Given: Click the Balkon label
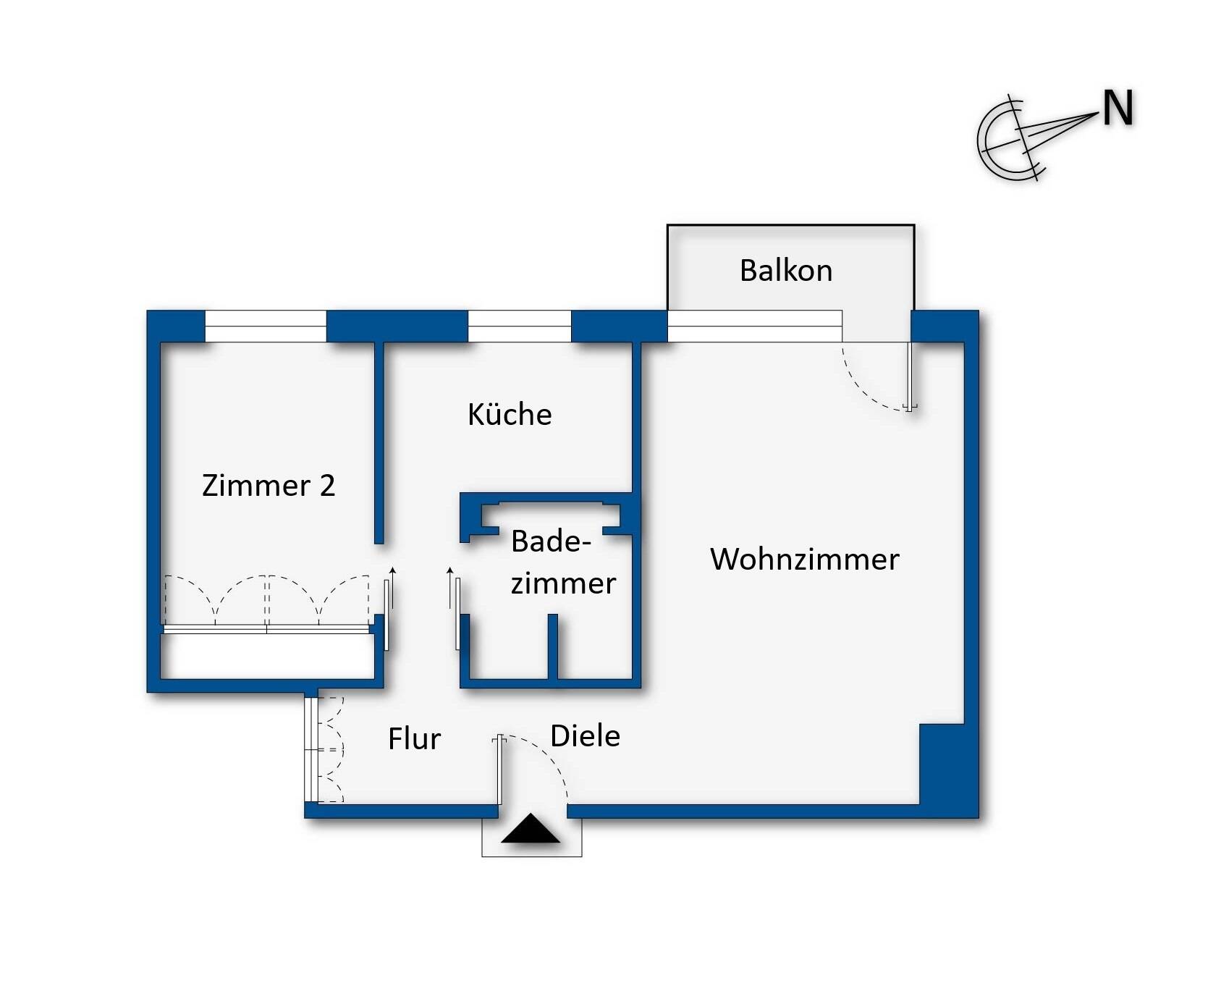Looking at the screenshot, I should pyautogui.click(x=786, y=271).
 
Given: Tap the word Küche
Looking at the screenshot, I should pyautogui.click(x=510, y=415).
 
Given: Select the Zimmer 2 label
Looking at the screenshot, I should pyautogui.click(x=269, y=486).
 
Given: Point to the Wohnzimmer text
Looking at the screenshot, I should pyautogui.click(x=804, y=560).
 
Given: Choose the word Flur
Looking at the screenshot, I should pyautogui.click(x=414, y=739).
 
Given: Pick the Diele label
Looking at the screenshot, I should pyautogui.click(x=585, y=736).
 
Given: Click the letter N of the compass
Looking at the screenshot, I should pyautogui.click(x=1118, y=109).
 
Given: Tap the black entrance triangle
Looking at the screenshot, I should pyautogui.click(x=531, y=830).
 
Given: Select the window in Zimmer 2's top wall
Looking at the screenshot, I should pyautogui.click(x=266, y=326).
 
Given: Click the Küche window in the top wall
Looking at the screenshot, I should pyautogui.click(x=520, y=326).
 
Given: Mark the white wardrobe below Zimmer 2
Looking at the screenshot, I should pyautogui.click(x=266, y=657).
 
